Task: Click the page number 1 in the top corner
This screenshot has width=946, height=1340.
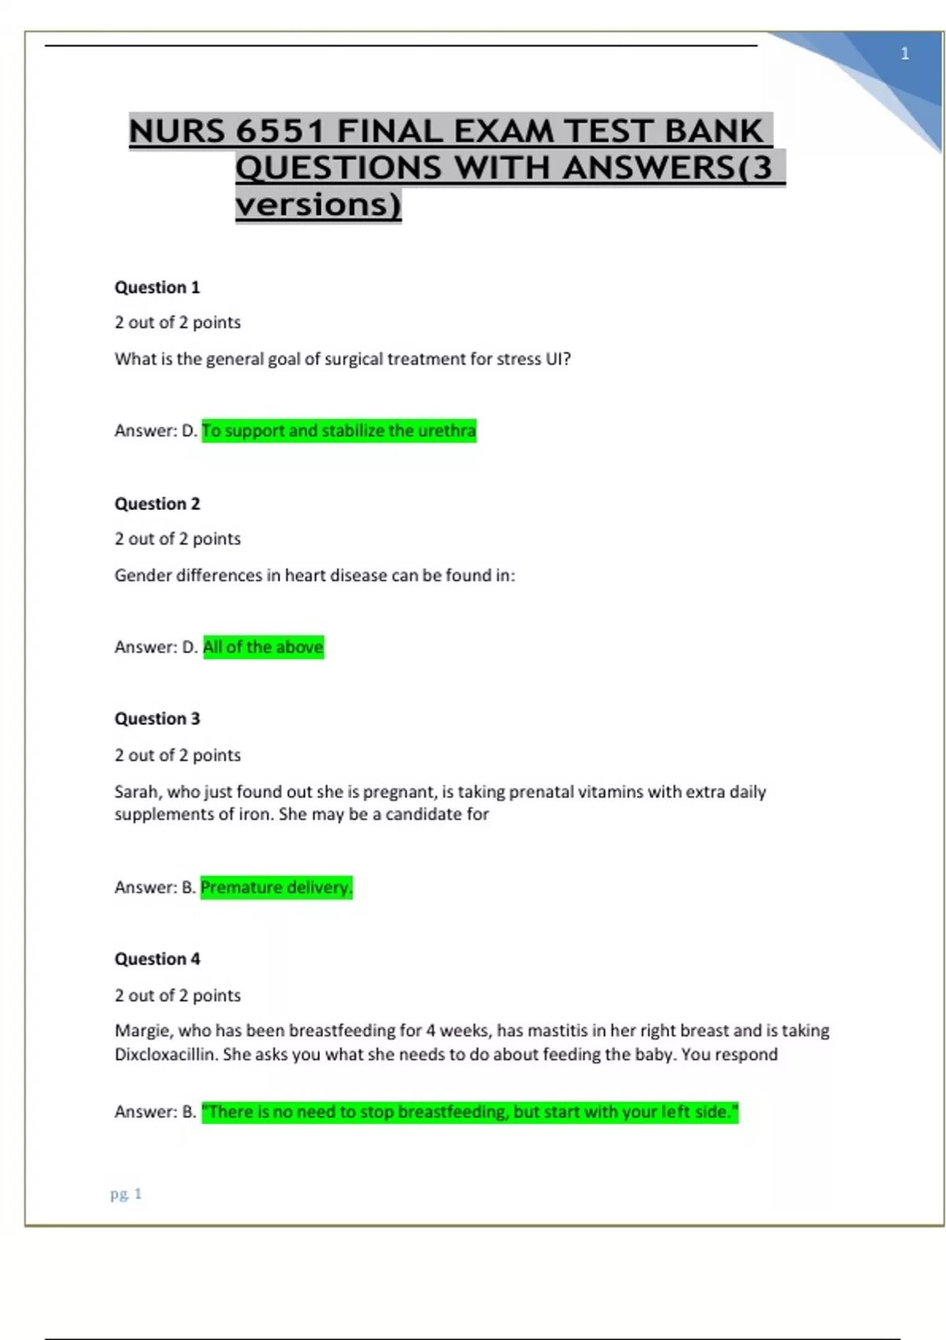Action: (x=904, y=54)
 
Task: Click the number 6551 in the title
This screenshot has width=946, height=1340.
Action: (x=280, y=131)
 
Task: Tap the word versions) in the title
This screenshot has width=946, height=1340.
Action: (x=318, y=205)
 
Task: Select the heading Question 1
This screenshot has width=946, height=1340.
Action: (x=157, y=287)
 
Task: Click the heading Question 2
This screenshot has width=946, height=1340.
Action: (x=157, y=504)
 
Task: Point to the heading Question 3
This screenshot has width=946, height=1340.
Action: (x=157, y=719)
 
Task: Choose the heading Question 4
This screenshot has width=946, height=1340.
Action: (x=157, y=959)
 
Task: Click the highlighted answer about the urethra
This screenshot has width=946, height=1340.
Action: (x=339, y=431)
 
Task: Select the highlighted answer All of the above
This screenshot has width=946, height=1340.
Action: (x=263, y=647)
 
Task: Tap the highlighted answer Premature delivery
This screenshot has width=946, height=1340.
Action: (x=276, y=888)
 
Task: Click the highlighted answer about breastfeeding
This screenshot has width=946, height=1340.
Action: (x=470, y=1112)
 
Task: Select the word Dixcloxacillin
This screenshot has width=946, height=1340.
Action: (x=166, y=1055)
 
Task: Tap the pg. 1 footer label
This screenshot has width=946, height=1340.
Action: (x=126, y=1194)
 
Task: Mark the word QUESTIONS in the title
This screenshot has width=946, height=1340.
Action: (x=339, y=168)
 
